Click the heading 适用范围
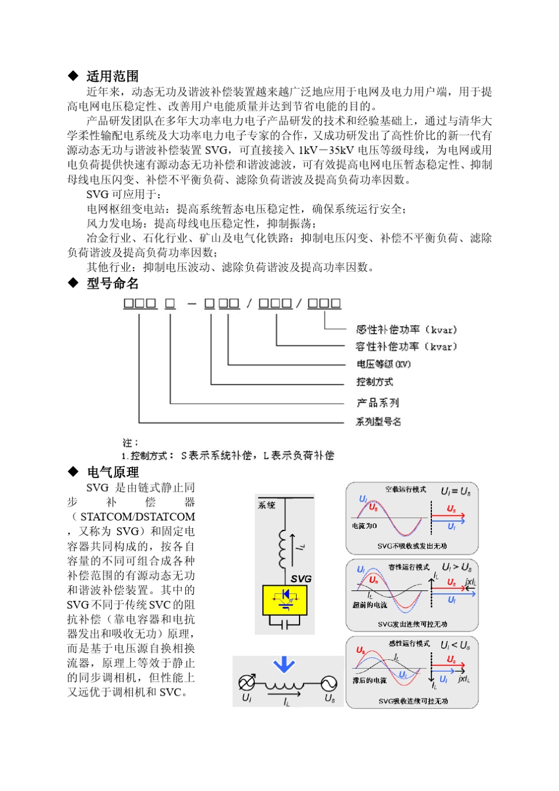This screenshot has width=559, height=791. [112, 76]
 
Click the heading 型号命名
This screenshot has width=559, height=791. [112, 283]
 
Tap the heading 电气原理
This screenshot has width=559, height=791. [112, 472]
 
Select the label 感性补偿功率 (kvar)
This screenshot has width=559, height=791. [406, 330]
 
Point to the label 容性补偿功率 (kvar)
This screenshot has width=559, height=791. [406, 347]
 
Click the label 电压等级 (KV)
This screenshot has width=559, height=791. [384, 364]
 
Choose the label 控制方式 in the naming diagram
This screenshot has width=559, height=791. [375, 382]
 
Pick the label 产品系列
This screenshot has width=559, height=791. [378, 403]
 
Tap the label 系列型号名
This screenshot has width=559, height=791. [378, 421]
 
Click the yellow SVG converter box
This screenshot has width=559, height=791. [285, 600]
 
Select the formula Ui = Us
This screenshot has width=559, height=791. [455, 491]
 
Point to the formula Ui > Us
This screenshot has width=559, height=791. [457, 568]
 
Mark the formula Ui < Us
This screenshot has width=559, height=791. [455, 645]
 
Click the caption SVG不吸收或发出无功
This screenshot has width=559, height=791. [412, 546]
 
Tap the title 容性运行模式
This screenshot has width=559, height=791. [409, 568]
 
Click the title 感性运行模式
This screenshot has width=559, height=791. [409, 643]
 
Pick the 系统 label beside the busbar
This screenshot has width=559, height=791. [267, 505]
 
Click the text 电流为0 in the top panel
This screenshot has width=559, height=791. [364, 526]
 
